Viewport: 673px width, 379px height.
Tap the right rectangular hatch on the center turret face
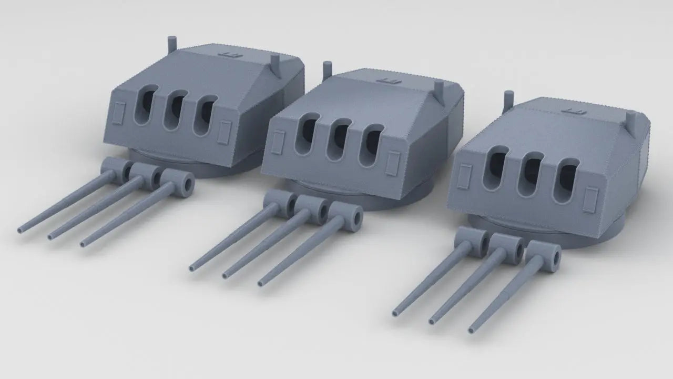pos(392,163)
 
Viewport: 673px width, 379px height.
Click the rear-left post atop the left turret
pos(171,44)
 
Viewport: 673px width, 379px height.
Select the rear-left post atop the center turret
pos(327,68)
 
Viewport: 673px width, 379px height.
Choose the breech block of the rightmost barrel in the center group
pos(347,215)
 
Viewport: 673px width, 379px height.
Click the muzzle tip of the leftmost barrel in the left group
pos(21,230)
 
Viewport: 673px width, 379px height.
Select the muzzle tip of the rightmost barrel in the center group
pos(261,284)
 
